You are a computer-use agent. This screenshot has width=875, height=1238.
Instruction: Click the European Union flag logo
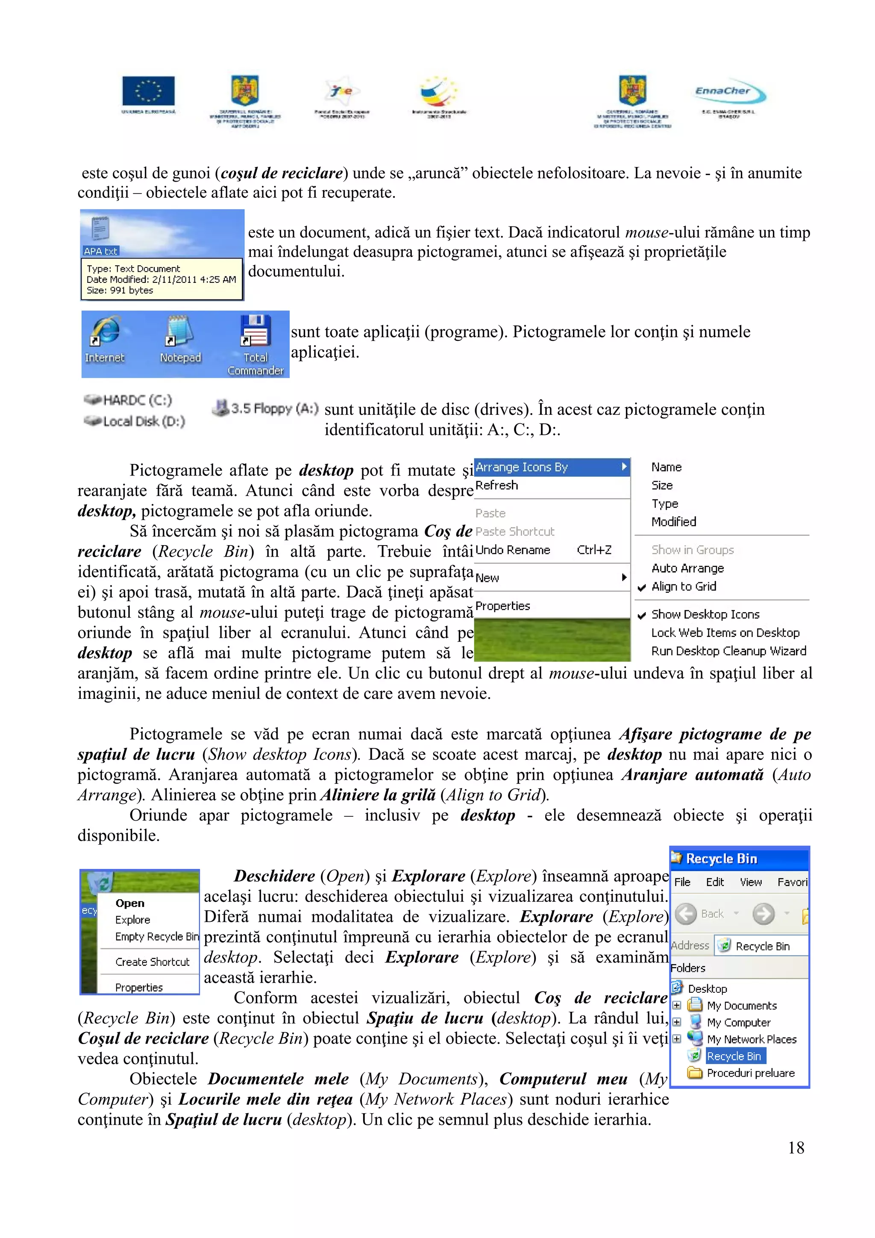pyautogui.click(x=148, y=91)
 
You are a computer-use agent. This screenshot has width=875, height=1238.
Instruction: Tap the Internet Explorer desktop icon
pyautogui.click(x=105, y=331)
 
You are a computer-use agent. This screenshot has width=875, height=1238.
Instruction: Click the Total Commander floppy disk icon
pyautogui.click(x=255, y=330)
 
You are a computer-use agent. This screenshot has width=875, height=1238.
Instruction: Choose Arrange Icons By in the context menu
pyautogui.click(x=522, y=467)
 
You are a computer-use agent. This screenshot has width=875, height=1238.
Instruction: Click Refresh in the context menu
pyautogui.click(x=496, y=485)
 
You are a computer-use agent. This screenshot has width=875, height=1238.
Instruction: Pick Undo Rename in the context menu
pyautogui.click(x=513, y=550)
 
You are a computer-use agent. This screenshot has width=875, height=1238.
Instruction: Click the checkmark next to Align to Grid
pyautogui.click(x=642, y=587)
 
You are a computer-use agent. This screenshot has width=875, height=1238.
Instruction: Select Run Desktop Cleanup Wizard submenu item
pyautogui.click(x=728, y=651)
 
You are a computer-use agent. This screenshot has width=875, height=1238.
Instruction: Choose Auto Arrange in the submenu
pyautogui.click(x=687, y=568)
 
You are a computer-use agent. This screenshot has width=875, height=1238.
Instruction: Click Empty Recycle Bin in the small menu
pyautogui.click(x=156, y=936)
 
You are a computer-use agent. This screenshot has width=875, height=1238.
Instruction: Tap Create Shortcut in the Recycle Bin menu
pyautogui.click(x=152, y=962)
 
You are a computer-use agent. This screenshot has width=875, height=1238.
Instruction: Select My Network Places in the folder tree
pyautogui.click(x=751, y=1039)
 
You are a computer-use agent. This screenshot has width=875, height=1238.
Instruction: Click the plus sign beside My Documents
pyautogui.click(x=677, y=1005)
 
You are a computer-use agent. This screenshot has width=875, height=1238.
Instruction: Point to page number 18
pyautogui.click(x=796, y=1148)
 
